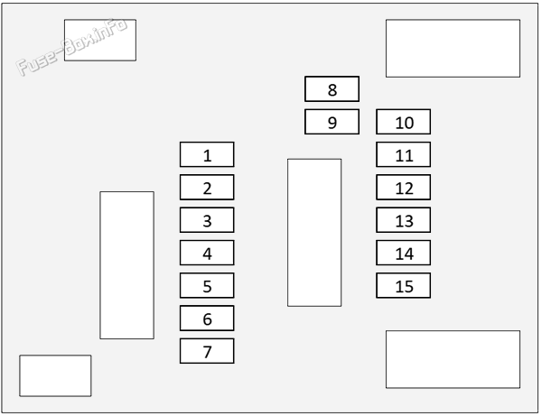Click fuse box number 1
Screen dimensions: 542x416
click(207, 154)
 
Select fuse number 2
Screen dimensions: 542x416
click(207, 187)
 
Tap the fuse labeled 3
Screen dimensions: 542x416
click(207, 220)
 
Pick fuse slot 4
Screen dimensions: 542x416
click(207, 253)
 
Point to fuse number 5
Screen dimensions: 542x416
click(207, 285)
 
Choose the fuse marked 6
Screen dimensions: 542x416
click(207, 318)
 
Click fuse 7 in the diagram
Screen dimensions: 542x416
click(207, 351)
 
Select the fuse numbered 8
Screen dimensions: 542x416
click(332, 89)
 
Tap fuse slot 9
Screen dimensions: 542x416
click(332, 122)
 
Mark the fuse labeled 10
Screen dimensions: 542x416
click(404, 122)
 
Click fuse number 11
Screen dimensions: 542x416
click(404, 154)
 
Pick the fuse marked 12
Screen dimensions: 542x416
click(404, 187)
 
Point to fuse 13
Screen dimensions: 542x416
click(404, 220)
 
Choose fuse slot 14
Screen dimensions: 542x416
click(404, 253)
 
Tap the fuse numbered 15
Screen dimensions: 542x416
click(404, 285)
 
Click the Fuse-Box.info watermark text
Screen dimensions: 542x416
click(71, 47)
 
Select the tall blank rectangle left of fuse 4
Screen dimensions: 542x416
click(126, 265)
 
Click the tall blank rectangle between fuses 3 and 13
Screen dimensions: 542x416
click(314, 233)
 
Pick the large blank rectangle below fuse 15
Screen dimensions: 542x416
click(453, 359)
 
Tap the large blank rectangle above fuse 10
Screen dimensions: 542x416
click(453, 49)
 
